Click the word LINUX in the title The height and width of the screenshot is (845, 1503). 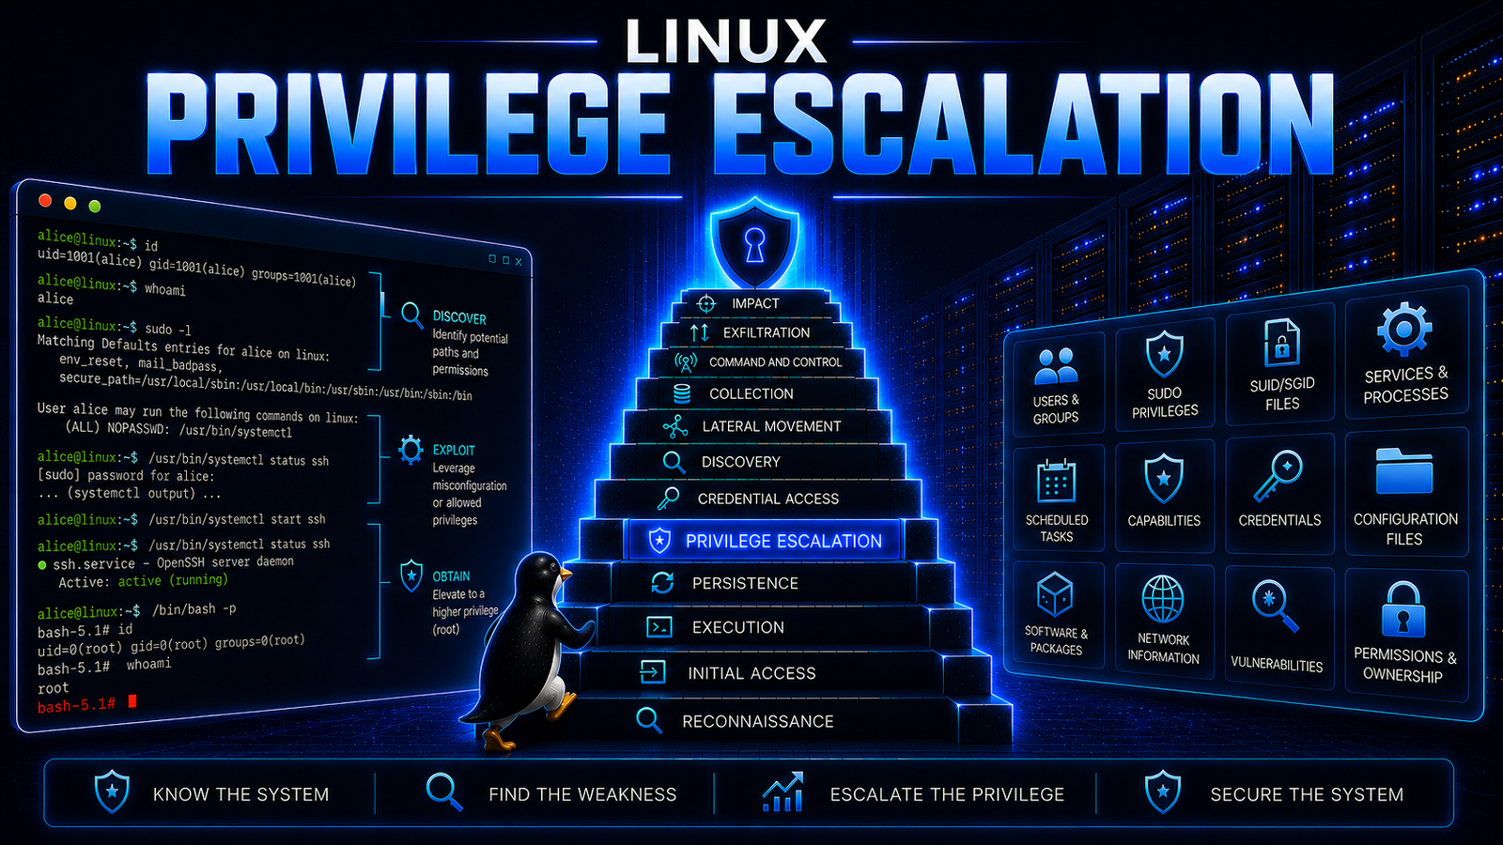(725, 41)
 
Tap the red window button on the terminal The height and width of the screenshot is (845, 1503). (45, 200)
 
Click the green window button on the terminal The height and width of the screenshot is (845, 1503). (95, 206)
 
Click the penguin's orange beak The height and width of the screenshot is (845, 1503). (565, 574)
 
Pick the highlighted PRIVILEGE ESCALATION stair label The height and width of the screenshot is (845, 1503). (783, 541)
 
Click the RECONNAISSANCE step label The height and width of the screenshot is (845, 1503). (757, 722)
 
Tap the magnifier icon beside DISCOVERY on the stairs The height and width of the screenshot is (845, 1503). (673, 462)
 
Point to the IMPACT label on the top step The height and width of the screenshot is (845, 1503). (755, 303)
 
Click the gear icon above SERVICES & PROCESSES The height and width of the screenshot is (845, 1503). (1404, 330)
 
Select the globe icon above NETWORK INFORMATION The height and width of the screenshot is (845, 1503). (1163, 599)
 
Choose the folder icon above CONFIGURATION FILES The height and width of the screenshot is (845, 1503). (1403, 470)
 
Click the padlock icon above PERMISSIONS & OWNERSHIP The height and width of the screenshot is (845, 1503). (1403, 609)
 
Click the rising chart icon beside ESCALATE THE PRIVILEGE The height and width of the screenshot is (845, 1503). (783, 792)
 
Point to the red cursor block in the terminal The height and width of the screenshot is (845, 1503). (132, 700)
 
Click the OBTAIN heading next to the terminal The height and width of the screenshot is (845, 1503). (451, 576)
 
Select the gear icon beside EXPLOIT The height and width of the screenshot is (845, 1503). (411, 450)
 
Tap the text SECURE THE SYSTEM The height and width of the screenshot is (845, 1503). (1307, 794)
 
